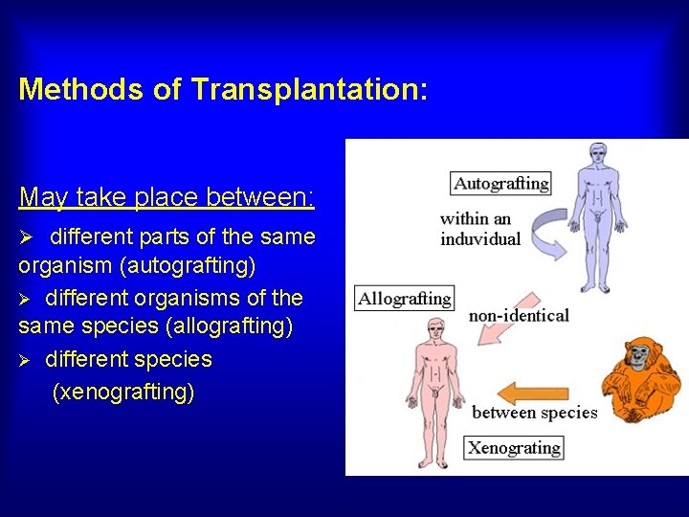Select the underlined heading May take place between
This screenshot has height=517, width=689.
click(x=167, y=198)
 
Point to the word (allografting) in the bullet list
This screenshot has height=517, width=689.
click(x=230, y=326)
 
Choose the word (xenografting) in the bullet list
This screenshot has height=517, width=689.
click(x=123, y=392)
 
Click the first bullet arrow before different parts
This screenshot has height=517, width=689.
click(x=28, y=236)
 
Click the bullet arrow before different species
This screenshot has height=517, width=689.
click(x=28, y=361)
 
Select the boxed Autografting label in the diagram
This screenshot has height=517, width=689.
click(x=501, y=183)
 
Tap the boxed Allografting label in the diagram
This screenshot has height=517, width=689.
click(x=404, y=299)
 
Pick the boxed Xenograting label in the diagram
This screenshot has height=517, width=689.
click(x=514, y=447)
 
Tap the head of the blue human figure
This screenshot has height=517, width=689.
click(x=599, y=153)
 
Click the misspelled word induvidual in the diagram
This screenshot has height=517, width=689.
click(x=480, y=238)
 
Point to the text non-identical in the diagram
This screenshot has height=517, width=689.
click(x=519, y=315)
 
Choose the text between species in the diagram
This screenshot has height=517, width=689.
click(x=534, y=414)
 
